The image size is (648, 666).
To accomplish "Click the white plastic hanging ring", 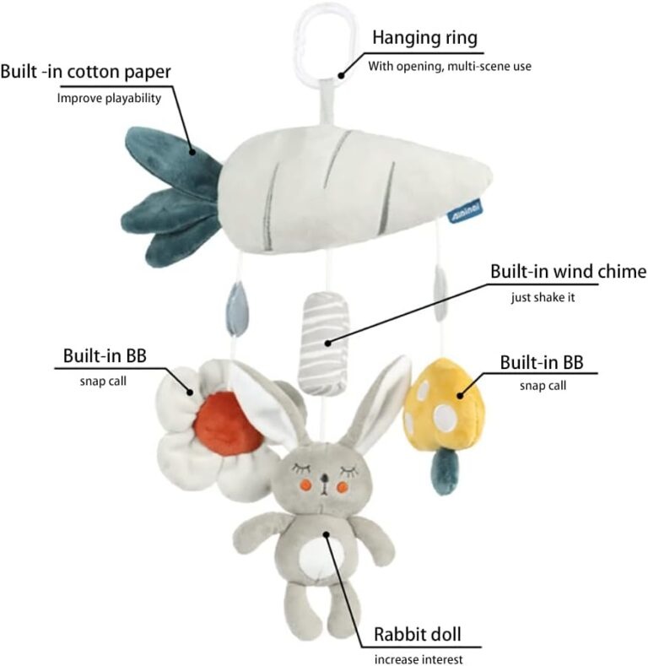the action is tap(296, 42).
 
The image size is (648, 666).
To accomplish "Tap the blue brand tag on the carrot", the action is tap(466, 210).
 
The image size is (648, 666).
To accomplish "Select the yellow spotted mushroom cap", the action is tap(443, 403).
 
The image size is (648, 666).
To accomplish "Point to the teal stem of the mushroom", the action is tap(445, 472).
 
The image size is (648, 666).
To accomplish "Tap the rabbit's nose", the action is tap(324, 479).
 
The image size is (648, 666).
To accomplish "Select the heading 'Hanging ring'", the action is tap(424, 38).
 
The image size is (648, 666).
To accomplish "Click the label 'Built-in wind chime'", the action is tap(568, 272).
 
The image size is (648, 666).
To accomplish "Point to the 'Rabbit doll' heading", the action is tap(417, 634).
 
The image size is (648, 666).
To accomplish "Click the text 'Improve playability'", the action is tap(109, 98).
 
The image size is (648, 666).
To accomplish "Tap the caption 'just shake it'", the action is tap(543, 297).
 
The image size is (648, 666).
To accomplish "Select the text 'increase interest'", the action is tap(418, 659).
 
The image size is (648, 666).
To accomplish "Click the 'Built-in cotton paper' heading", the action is tap(86, 72).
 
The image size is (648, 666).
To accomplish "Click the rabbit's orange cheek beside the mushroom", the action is tap(343, 486).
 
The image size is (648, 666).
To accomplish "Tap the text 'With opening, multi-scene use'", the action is tap(450, 66).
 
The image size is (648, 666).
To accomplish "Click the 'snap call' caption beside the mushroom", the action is tap(543, 386).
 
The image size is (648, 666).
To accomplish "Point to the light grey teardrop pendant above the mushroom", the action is tap(440, 294).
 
